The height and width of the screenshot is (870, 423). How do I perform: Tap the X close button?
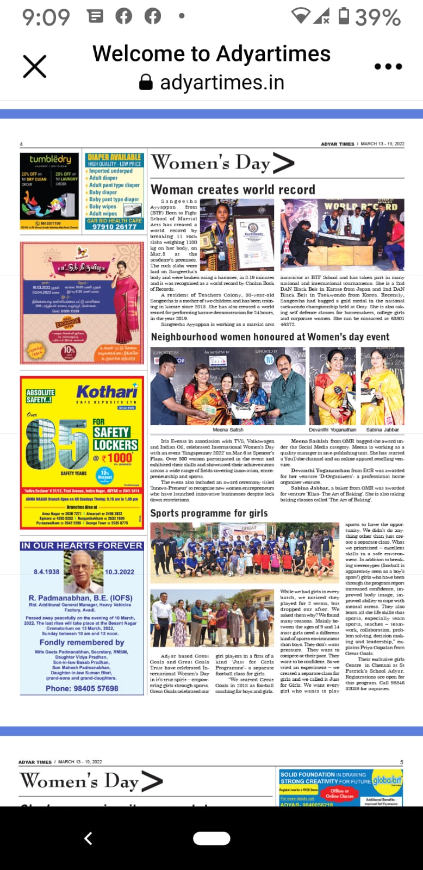coord(35,67)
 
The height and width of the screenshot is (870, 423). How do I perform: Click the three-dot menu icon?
coord(388,66)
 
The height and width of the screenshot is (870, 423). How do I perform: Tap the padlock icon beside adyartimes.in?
coord(146,82)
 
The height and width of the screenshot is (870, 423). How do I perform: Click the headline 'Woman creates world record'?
coord(233,189)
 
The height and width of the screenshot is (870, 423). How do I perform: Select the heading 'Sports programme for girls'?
coord(209,513)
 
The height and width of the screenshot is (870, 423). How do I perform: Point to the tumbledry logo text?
coord(50,159)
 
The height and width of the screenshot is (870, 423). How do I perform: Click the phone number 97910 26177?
coord(114,227)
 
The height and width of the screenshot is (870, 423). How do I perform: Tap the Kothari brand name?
coord(107,391)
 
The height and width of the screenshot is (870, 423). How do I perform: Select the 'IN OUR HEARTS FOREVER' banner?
coord(82,545)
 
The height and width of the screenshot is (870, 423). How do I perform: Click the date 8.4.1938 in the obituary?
coord(47,572)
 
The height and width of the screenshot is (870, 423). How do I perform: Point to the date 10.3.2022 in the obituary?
coord(119,572)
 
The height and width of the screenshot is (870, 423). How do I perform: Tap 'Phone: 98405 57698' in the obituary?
coord(82,688)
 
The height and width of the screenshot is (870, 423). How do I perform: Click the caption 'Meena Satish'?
coord(228,430)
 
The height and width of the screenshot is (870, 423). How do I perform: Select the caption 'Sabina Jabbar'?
coord(382,430)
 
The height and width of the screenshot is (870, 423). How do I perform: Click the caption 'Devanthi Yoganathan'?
coord(332,430)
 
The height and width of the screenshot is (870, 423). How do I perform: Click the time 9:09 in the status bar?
coord(46,17)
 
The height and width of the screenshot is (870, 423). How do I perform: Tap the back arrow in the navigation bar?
coord(88,838)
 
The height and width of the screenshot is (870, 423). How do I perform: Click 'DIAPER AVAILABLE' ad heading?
coord(114,157)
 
